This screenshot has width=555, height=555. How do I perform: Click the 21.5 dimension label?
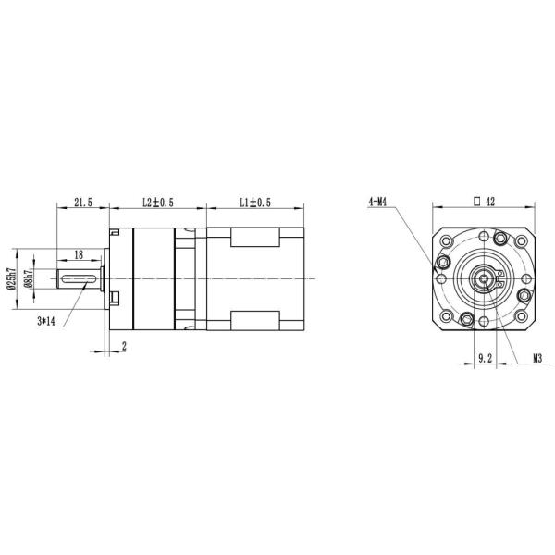coord(83,203)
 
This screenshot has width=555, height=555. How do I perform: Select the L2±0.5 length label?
coord(158,203)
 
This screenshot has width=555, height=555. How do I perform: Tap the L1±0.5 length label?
coord(255,203)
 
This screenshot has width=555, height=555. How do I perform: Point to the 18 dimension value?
coord(79,255)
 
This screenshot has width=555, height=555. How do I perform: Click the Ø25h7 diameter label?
coord(11,278)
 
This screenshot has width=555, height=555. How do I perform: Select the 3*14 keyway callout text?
coord(46,321)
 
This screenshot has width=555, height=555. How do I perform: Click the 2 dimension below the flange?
coord(124,347)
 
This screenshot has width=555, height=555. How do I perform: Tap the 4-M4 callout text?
coord(377,202)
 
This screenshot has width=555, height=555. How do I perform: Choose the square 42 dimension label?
coord(485,202)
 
